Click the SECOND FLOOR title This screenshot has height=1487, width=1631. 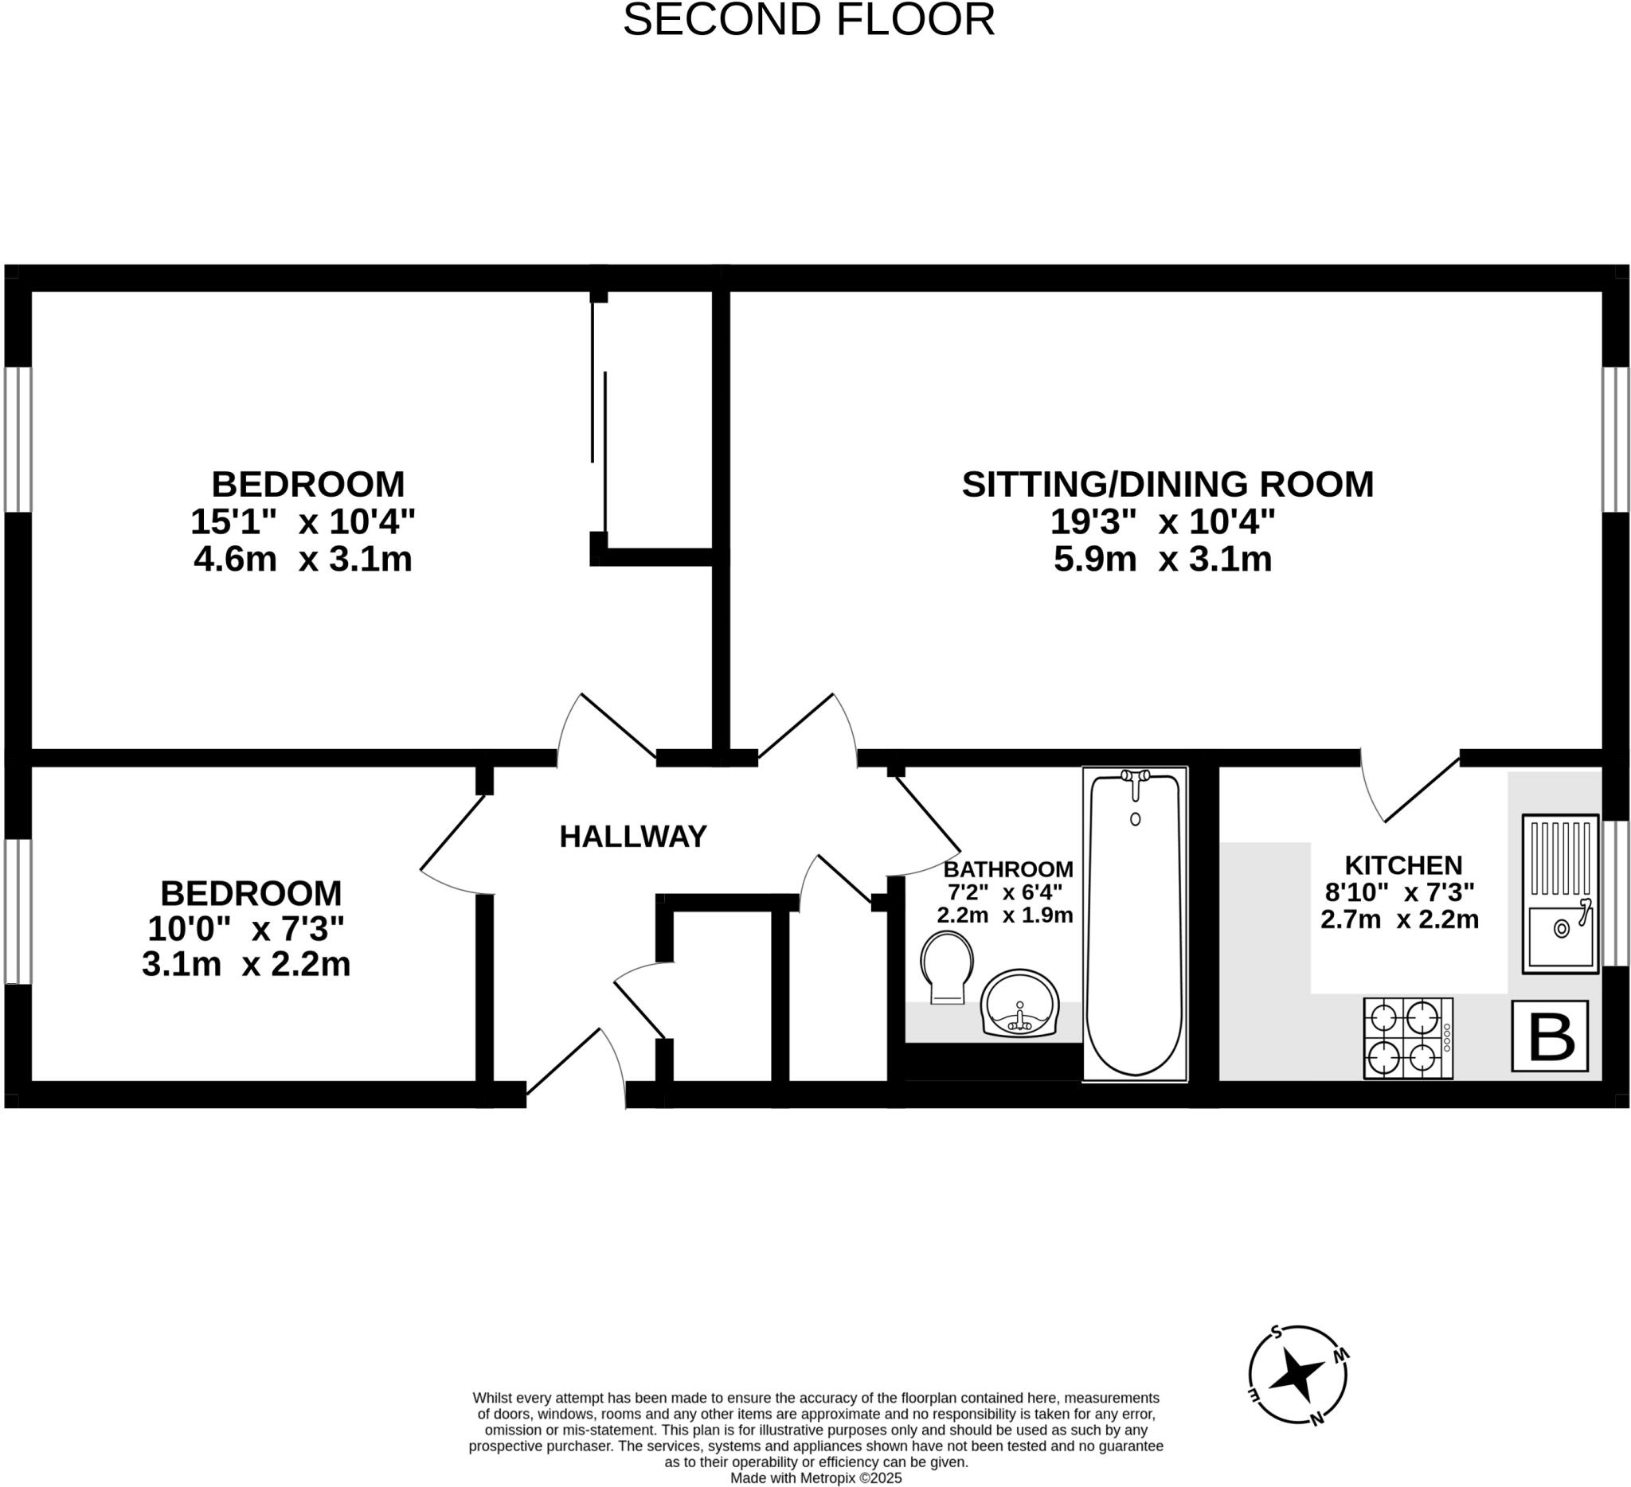(x=808, y=20)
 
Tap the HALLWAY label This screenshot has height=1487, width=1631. (x=633, y=837)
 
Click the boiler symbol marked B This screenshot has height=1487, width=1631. (x=1550, y=1036)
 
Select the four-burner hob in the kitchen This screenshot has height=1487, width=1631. (x=1408, y=1038)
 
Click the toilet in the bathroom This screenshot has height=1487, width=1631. (x=947, y=966)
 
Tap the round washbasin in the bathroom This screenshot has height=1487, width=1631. (x=1019, y=1003)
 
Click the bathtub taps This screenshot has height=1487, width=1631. (x=1136, y=777)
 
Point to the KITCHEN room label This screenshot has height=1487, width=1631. (x=1404, y=866)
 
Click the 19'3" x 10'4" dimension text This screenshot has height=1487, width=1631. (x=1163, y=521)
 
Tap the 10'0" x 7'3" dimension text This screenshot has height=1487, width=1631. (x=246, y=929)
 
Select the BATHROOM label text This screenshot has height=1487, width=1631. (x=1008, y=870)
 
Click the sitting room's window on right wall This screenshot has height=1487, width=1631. (x=1616, y=441)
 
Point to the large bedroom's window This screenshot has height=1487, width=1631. (x=18, y=441)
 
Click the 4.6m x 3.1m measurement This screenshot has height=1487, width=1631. (x=303, y=560)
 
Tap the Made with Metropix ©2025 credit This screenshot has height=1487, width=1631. (x=815, y=1478)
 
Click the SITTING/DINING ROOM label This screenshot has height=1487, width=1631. (x=1168, y=484)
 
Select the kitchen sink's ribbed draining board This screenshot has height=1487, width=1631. (x=1561, y=858)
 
